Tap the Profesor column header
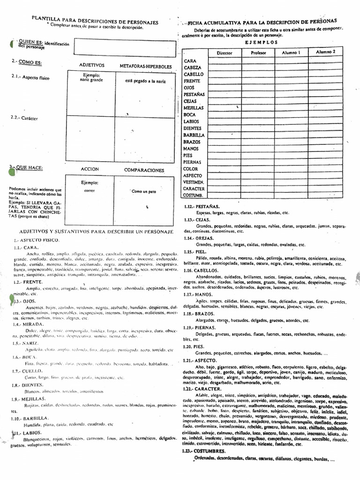(258, 53)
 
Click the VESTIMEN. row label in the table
(193, 181)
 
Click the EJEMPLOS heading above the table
(261, 42)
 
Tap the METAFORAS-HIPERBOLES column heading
(146, 66)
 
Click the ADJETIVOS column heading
(92, 65)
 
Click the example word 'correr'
(89, 191)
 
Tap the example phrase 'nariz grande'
(91, 80)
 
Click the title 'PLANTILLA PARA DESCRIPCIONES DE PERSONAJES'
(95, 22)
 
